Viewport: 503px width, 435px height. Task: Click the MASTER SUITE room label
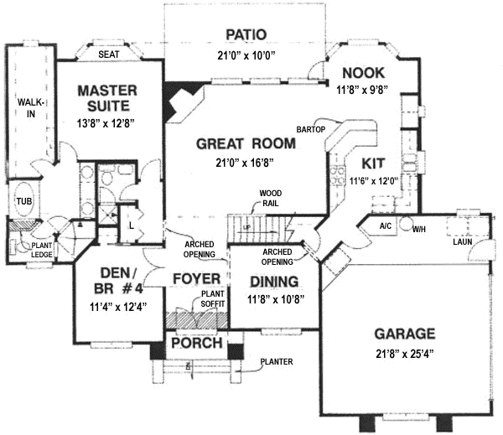(104, 97)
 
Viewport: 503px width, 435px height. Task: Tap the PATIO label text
(246, 34)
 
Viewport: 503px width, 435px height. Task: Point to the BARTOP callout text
(310, 130)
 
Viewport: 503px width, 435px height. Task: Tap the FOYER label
(195, 278)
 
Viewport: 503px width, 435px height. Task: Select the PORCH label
(196, 344)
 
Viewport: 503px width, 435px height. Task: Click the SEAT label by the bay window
(109, 54)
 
